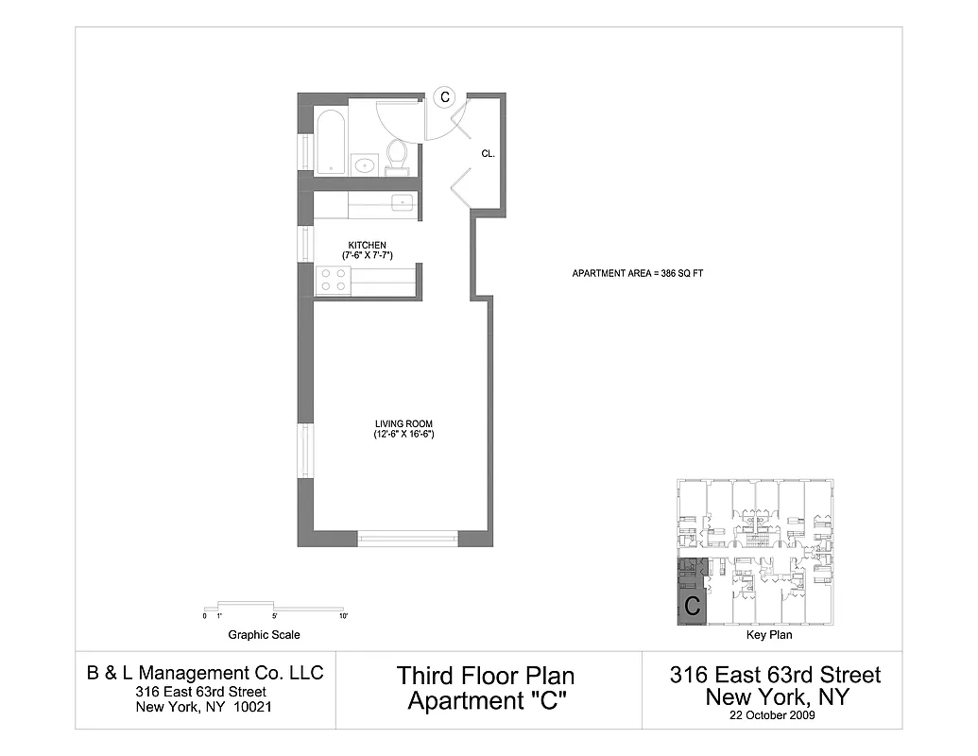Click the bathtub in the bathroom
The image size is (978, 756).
[330, 143]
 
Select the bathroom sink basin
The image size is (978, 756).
[365, 164]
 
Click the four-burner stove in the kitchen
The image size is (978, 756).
[333, 280]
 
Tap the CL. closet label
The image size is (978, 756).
[488, 153]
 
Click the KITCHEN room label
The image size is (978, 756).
[367, 246]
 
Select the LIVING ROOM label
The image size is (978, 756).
[403, 423]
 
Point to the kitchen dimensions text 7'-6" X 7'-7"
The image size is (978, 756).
[368, 256]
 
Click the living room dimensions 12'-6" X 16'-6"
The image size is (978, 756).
[403, 435]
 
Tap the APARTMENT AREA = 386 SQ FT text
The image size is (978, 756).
[638, 273]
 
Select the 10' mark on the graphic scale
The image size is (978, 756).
[344, 616]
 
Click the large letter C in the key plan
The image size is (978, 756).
[692, 607]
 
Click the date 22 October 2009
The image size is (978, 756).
[774, 715]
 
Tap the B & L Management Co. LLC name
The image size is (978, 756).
[205, 673]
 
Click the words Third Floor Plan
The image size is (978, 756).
[486, 676]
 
